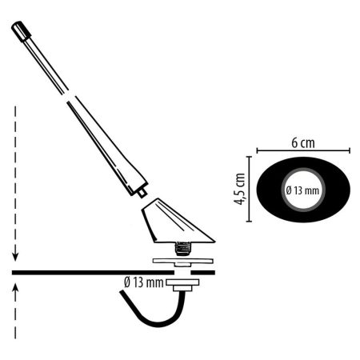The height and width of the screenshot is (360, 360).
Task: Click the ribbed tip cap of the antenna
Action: [21, 31]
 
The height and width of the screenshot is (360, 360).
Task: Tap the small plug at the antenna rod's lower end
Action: [142, 193]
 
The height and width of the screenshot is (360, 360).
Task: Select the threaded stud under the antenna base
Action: [183, 249]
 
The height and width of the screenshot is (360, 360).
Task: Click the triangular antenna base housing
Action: [174, 222]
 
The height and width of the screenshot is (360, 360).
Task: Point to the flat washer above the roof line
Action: [183, 261]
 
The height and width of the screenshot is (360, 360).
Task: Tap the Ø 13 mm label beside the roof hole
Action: [144, 282]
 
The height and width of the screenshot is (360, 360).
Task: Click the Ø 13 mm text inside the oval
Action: [302, 190]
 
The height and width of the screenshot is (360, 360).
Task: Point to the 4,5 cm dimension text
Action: [239, 189]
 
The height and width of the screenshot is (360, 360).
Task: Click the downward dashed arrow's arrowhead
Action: [15, 257]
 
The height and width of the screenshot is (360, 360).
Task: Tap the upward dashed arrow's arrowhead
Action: [15, 288]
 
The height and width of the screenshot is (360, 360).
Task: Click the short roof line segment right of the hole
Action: [203, 273]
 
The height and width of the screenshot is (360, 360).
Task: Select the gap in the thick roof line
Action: [183, 273]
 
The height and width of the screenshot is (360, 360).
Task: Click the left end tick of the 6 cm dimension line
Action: [257, 150]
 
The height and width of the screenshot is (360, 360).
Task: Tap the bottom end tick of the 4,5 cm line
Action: [249, 221]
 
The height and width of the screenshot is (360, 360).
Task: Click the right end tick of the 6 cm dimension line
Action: [350, 150]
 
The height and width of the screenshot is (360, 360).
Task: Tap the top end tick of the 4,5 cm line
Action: [249, 157]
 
